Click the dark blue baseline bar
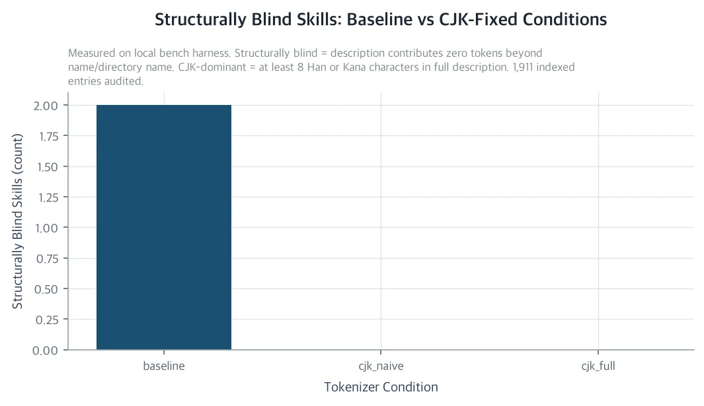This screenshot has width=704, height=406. pyautogui.click(x=164, y=227)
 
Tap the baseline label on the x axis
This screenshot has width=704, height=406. pyautogui.click(x=164, y=366)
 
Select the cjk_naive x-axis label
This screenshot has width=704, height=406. pyautogui.click(x=381, y=366)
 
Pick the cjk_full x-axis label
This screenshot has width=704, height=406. pyautogui.click(x=598, y=366)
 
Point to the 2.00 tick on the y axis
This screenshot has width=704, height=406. pyautogui.click(x=46, y=106)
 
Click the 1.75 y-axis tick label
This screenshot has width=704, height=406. pyautogui.click(x=48, y=137)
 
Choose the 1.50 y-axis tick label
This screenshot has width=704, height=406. pyautogui.click(x=47, y=167)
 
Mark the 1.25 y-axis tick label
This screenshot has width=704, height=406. pyautogui.click(x=48, y=197)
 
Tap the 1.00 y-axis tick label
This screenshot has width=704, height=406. pyautogui.click(x=47, y=228)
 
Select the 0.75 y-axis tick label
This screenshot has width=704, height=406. pyautogui.click(x=46, y=258)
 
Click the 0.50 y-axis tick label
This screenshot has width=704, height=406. pyautogui.click(x=46, y=289)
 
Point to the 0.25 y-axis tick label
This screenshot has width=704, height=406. pyautogui.click(x=46, y=320)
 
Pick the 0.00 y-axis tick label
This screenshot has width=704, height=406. pyautogui.click(x=46, y=351)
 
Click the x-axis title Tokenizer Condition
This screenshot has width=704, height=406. pyautogui.click(x=381, y=387)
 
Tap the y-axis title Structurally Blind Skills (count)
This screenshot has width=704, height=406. pyautogui.click(x=17, y=221)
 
